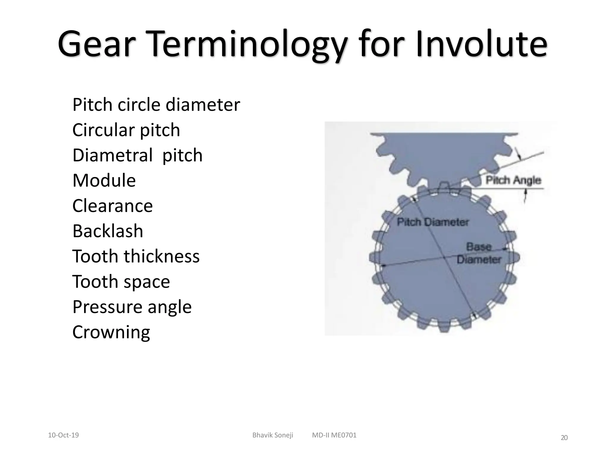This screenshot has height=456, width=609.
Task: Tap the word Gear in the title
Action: pyautogui.click(x=94, y=45)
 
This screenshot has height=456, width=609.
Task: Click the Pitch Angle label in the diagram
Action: pyautogui.click(x=513, y=180)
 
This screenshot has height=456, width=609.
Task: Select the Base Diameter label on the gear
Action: pyautogui.click(x=479, y=253)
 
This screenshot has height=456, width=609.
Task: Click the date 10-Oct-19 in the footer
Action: pyautogui.click(x=63, y=435)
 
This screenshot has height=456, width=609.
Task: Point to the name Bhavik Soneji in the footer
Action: pyautogui.click(x=273, y=435)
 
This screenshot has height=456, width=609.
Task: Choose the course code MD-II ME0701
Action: pyautogui.click(x=334, y=435)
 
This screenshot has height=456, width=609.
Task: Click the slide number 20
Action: pyautogui.click(x=564, y=438)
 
